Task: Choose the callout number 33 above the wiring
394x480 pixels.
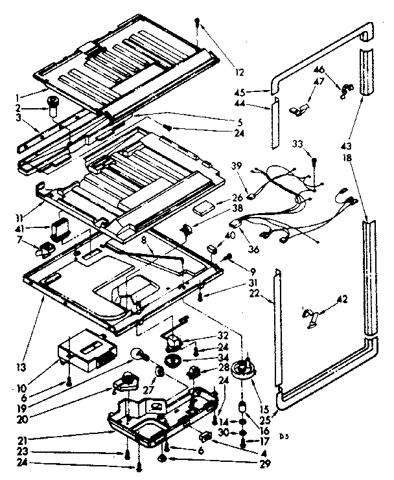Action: point(297,143)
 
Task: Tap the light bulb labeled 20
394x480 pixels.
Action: point(138,354)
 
